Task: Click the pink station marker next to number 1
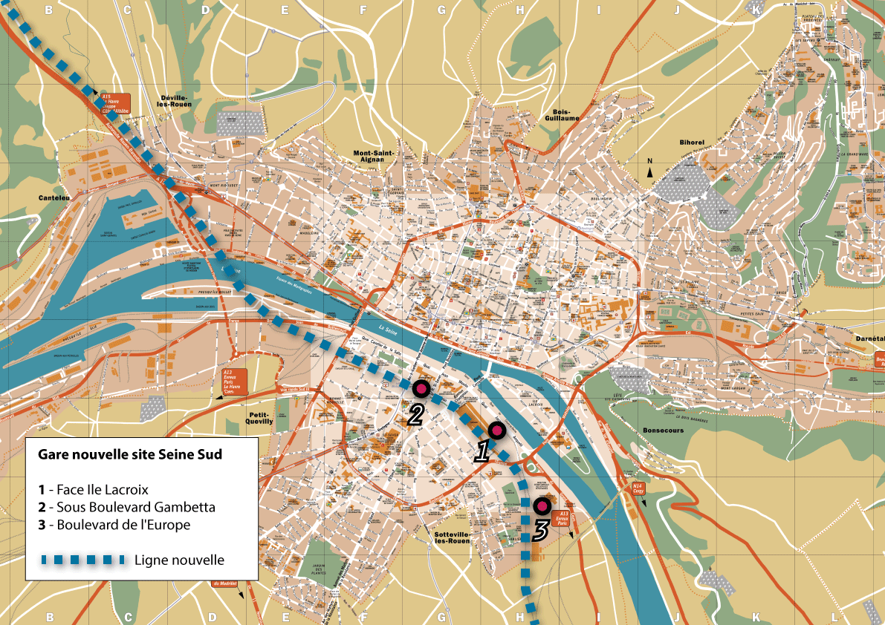pos(496,431)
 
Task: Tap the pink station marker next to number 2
pos(421,388)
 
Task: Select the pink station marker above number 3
pos(542,507)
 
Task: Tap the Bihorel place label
pos(690,142)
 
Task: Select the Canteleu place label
pos(54,198)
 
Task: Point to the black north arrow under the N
pos(650,173)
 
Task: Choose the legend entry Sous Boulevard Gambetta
pos(126,508)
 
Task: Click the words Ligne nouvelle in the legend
pos(179,560)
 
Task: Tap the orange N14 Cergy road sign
pos(638,488)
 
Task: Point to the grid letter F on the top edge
pos(363,10)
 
